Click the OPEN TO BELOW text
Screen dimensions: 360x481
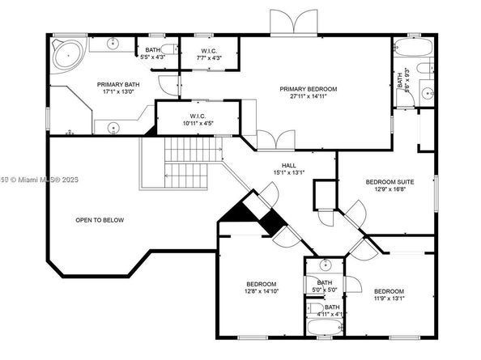pos(100,220)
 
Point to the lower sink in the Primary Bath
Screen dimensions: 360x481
pos(113,127)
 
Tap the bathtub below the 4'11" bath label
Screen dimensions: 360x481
pos(326,328)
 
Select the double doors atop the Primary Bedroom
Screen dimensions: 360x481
pos(295,23)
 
